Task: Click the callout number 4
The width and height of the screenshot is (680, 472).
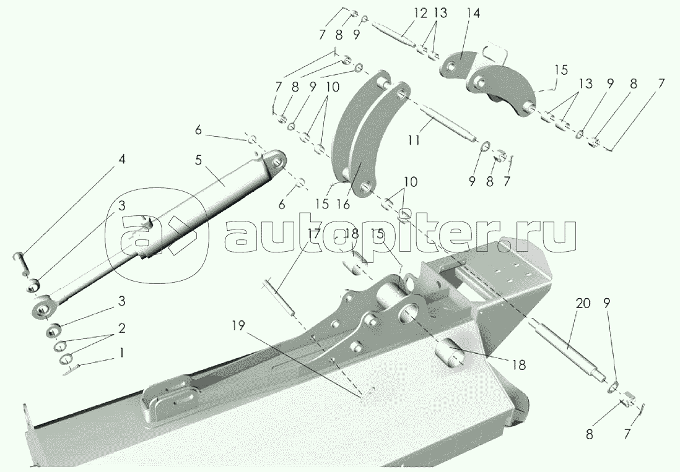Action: (x=122, y=160)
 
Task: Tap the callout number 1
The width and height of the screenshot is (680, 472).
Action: (x=122, y=353)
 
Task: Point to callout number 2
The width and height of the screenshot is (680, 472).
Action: (x=122, y=328)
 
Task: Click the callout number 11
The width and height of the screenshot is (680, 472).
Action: (x=414, y=140)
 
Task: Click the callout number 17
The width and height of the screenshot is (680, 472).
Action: (x=314, y=235)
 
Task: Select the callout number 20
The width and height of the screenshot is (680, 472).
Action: (x=583, y=304)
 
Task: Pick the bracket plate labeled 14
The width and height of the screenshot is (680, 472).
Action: (x=461, y=66)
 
